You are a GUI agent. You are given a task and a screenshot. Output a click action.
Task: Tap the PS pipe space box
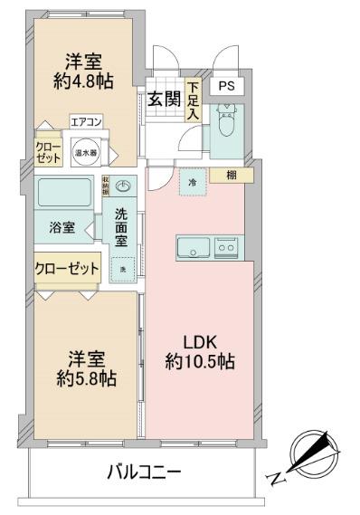[x=225, y=87]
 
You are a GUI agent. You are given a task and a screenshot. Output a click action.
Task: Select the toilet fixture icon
[x=226, y=122]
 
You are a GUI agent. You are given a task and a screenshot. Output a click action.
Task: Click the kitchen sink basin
[x=193, y=246]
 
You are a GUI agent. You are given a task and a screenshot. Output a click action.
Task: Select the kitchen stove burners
[x=225, y=245]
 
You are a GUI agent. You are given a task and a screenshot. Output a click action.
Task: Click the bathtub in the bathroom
[x=64, y=194]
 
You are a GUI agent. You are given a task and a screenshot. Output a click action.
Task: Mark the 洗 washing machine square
[x=123, y=269]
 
